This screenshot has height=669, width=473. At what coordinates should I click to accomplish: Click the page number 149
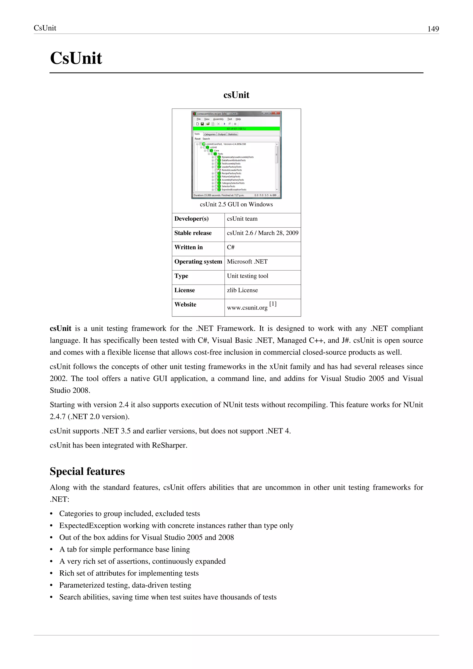tap(433, 29)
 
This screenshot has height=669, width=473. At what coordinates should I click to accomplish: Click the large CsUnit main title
tap(76, 58)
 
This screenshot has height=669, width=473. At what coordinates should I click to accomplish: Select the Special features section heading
tap(87, 471)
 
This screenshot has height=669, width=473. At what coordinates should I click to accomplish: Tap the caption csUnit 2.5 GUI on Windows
tap(236, 204)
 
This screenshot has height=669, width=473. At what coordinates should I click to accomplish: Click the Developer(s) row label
tap(191, 219)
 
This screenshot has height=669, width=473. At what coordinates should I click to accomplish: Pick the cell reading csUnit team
tap(242, 219)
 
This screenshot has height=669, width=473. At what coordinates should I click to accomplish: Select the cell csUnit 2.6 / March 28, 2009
tap(262, 233)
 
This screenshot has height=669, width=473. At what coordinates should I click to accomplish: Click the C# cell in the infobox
tap(230, 247)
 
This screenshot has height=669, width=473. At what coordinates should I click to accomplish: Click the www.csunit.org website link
tap(247, 307)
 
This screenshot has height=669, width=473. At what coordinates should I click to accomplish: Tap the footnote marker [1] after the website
tap(273, 304)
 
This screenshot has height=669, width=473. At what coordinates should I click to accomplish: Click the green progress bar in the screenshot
tap(236, 128)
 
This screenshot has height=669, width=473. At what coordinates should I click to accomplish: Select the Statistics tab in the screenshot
tap(232, 134)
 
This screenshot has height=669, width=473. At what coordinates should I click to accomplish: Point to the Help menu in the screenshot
tap(238, 119)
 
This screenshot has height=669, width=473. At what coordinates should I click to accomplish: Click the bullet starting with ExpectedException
tap(176, 525)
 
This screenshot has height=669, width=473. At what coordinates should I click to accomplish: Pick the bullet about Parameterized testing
tap(125, 585)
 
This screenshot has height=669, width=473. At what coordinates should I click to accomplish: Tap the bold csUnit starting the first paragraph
tap(61, 328)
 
